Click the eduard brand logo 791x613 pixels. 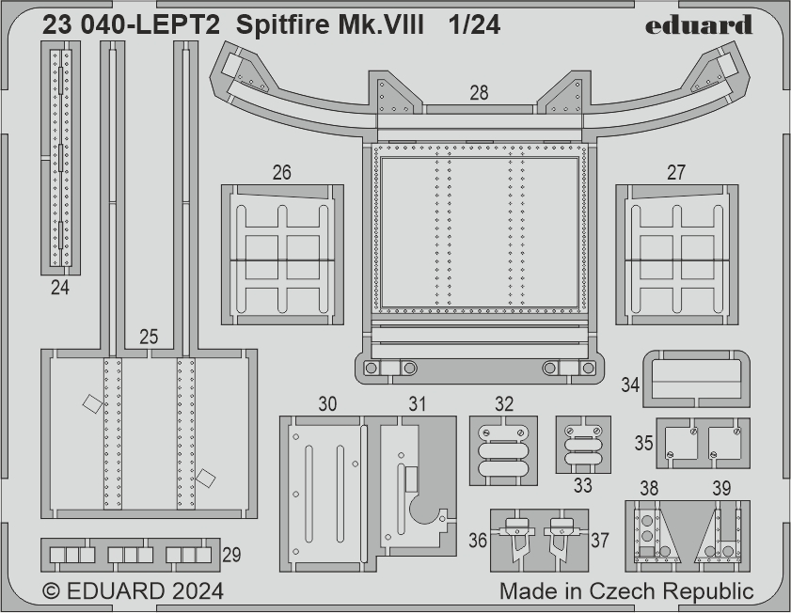699,24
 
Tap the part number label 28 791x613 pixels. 479,93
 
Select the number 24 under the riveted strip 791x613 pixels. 60,288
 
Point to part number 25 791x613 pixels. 149,337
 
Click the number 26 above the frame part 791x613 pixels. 281,172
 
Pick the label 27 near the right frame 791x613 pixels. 676,172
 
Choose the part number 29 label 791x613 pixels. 231,555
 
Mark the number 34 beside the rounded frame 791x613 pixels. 630,385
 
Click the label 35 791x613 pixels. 643,443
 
